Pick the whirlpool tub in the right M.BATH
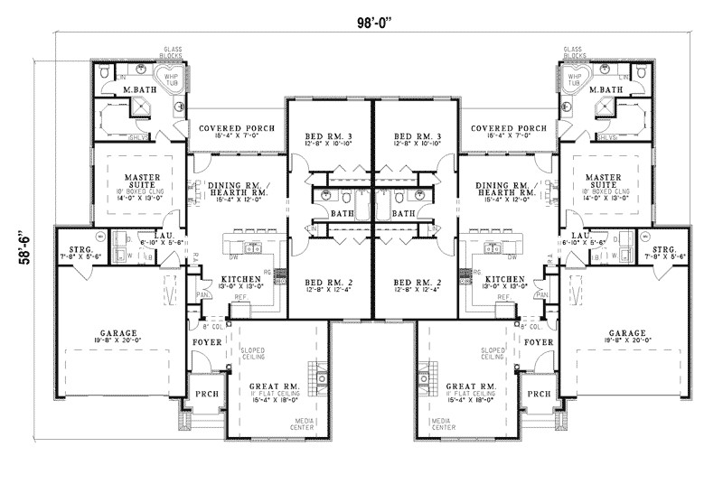573,79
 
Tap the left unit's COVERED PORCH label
237,128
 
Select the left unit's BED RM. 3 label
330,136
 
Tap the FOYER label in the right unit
539,343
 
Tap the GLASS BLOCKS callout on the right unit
574,52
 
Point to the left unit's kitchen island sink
246,247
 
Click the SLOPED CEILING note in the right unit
492,353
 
